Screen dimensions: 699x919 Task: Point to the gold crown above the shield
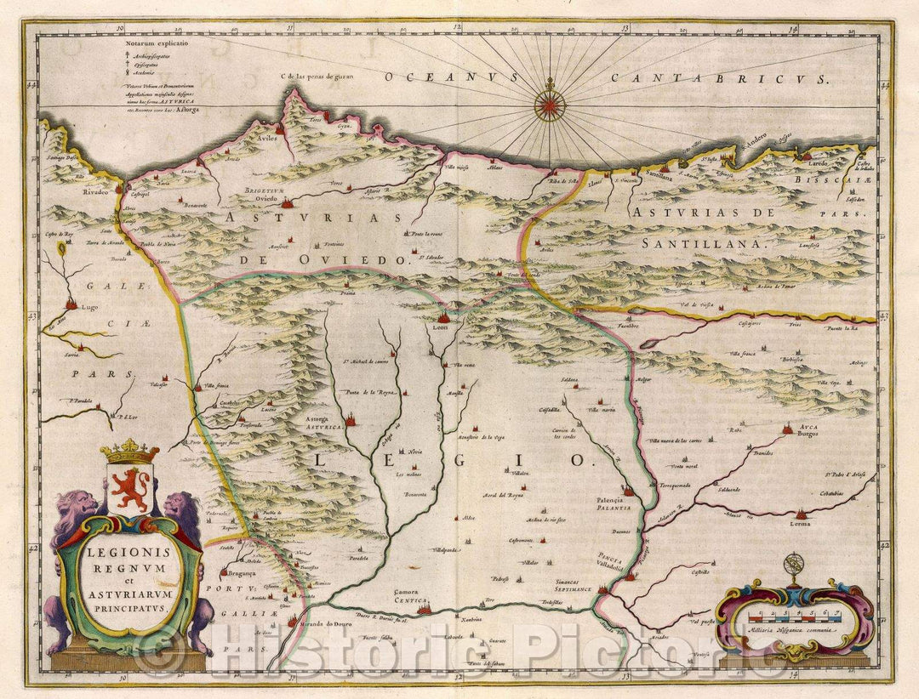(x=129, y=450)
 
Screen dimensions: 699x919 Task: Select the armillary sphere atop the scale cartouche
(x=793, y=564)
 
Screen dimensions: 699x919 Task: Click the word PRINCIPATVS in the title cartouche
(x=128, y=608)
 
